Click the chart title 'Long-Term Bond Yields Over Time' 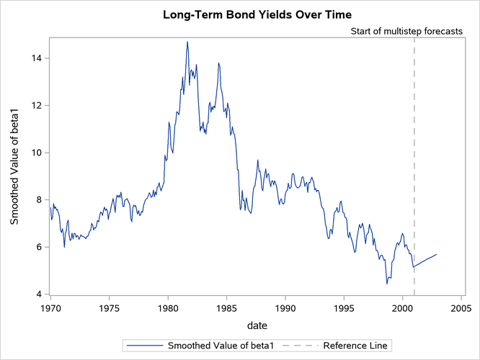[x=239, y=14]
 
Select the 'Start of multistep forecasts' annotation [x=406, y=32]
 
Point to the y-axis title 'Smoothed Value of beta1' [x=14, y=166]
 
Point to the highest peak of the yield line [x=187, y=42]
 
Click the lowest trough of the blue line [x=387, y=284]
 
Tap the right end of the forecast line [x=437, y=254]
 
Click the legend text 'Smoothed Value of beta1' [x=221, y=346]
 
